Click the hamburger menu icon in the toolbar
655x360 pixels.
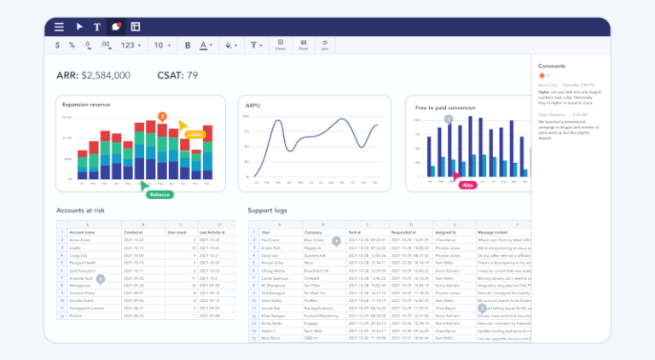tap(58, 26)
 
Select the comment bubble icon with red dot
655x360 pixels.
tap(116, 26)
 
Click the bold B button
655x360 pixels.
tap(188, 45)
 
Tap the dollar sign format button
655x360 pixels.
tap(58, 45)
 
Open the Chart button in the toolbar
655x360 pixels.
tap(280, 45)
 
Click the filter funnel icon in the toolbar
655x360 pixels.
tap(255, 45)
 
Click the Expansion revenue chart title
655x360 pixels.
tap(86, 105)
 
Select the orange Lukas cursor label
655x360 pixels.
tap(194, 134)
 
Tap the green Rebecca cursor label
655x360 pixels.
tap(159, 195)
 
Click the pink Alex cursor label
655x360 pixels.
tap(467, 185)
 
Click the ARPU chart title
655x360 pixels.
tap(252, 105)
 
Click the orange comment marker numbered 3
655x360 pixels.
tap(162, 116)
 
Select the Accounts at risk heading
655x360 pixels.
tap(81, 210)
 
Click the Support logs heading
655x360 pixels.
tap(269, 210)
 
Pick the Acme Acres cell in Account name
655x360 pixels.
tap(82, 241)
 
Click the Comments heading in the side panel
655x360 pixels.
tap(552, 66)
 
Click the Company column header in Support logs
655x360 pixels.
tap(316, 232)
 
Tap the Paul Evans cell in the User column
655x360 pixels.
tap(271, 241)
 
